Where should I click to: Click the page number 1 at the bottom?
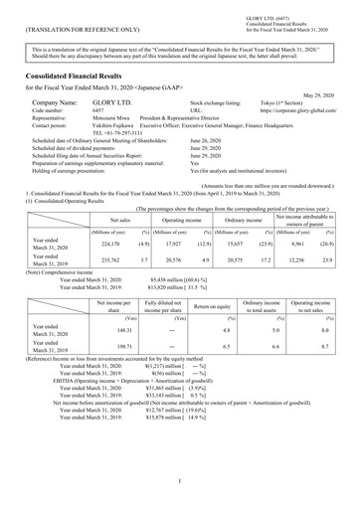click(180, 481)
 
